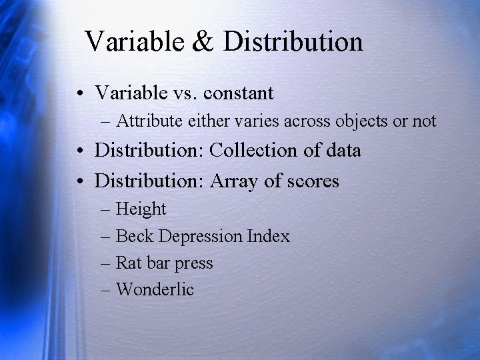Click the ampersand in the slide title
tap(203, 41)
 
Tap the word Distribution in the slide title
tap(293, 41)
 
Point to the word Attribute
tap(147, 121)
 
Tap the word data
tap(344, 150)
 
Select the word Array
tap(235, 180)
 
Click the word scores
tap(312, 180)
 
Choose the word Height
tap(141, 209)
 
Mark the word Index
tap(268, 236)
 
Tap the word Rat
tap(129, 263)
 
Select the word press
tap(194, 264)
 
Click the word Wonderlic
tap(155, 289)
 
